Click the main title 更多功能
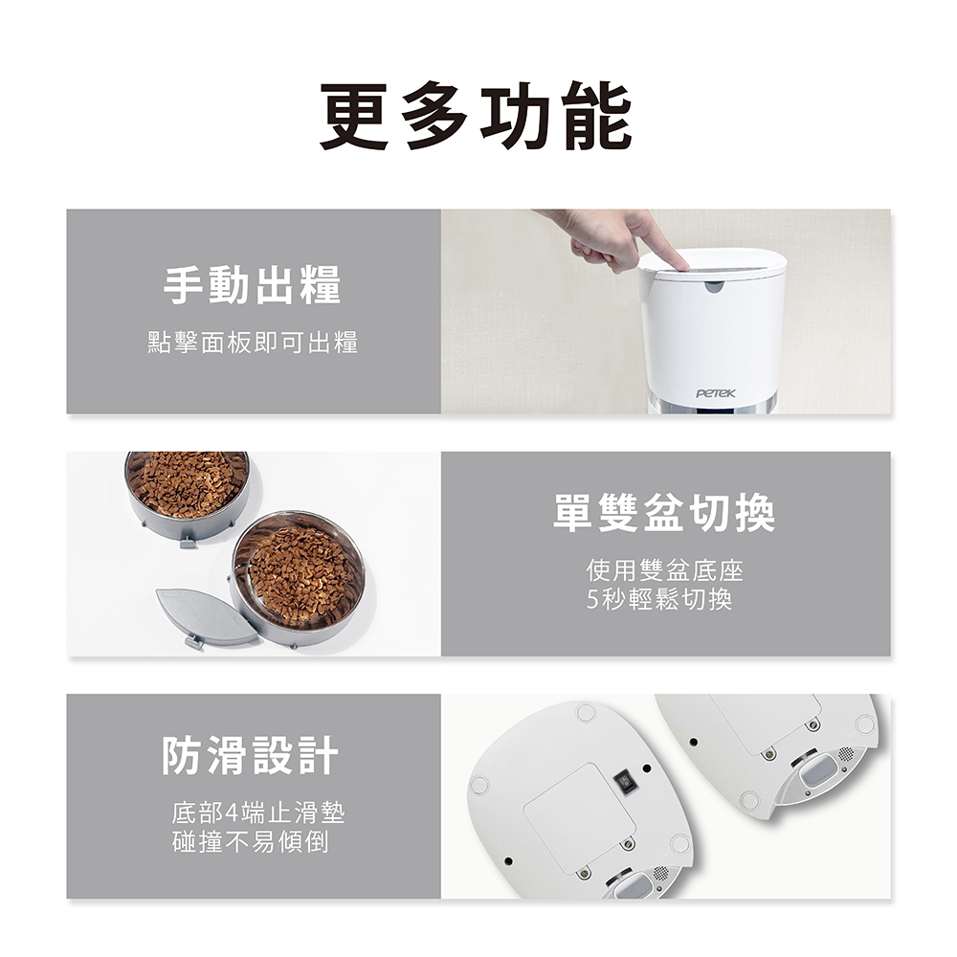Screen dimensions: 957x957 (477, 117)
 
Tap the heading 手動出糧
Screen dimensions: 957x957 (253, 285)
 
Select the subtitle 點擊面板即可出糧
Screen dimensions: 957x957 (253, 343)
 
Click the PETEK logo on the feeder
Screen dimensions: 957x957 (716, 393)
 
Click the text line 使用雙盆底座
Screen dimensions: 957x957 (665, 571)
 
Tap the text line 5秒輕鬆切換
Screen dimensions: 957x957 (659, 599)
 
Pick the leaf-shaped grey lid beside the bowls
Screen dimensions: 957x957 (207, 617)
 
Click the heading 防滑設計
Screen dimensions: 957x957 (250, 756)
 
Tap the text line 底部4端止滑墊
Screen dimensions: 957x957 (258, 812)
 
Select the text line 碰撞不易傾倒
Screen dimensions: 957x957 (251, 841)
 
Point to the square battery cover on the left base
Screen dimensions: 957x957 (579, 812)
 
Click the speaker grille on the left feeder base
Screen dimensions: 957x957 (660, 874)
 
